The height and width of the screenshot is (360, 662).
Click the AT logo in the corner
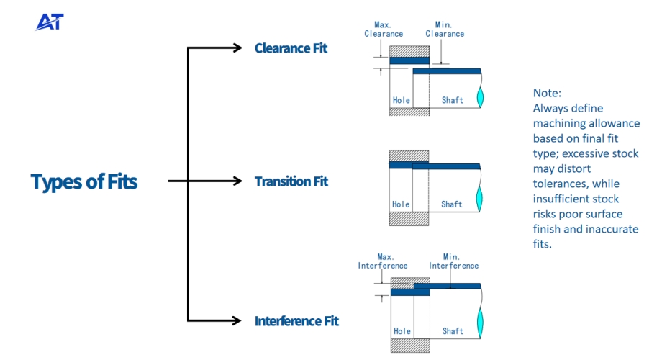tap(50, 22)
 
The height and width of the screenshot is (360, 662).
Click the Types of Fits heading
tap(84, 181)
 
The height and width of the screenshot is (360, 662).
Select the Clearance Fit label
tap(291, 48)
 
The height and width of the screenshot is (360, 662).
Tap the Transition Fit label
tap(291, 181)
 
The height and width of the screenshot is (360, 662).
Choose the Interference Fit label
tap(296, 320)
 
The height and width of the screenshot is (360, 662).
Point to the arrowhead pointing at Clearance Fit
tap(237, 48)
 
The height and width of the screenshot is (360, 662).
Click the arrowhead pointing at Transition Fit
tap(237, 181)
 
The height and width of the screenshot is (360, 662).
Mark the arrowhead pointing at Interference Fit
tap(237, 320)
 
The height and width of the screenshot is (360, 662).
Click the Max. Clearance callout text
tap(384, 30)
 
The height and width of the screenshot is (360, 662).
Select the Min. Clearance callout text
tap(445, 30)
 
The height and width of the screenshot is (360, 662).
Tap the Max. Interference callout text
tap(383, 261)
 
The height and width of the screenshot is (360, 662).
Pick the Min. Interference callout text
tap(453, 261)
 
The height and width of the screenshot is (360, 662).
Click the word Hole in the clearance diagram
tap(401, 100)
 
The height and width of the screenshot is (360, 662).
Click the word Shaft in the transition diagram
tap(452, 204)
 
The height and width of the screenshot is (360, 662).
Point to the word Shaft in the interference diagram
tap(453, 331)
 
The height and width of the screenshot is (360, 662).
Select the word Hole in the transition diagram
tap(401, 204)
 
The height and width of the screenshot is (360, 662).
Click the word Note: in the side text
tap(547, 94)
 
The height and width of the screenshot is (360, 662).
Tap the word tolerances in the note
tap(561, 184)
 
